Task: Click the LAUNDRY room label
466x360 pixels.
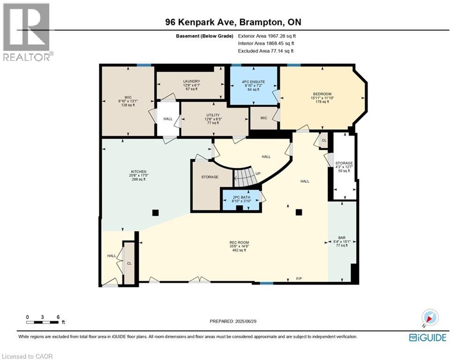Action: [192, 81]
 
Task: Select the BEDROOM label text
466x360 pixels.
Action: [322, 94]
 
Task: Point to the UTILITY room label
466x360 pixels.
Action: [213, 115]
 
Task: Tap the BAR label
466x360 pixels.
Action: [342, 238]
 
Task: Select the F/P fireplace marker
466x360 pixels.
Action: [299, 279]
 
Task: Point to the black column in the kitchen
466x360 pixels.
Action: [155, 212]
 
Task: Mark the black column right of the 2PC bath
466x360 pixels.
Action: [298, 212]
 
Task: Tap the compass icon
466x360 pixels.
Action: [429, 318]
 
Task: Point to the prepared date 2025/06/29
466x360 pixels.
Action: [233, 321]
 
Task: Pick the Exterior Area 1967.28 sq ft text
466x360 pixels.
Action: [267, 36]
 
